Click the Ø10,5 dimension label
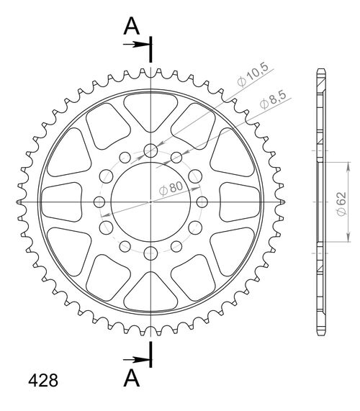click(253, 75)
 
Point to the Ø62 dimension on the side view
click(342, 204)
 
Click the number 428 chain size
click(43, 380)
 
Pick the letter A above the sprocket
click(131, 26)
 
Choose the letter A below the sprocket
click(131, 378)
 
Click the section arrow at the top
click(136, 45)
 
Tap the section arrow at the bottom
click(136, 360)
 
